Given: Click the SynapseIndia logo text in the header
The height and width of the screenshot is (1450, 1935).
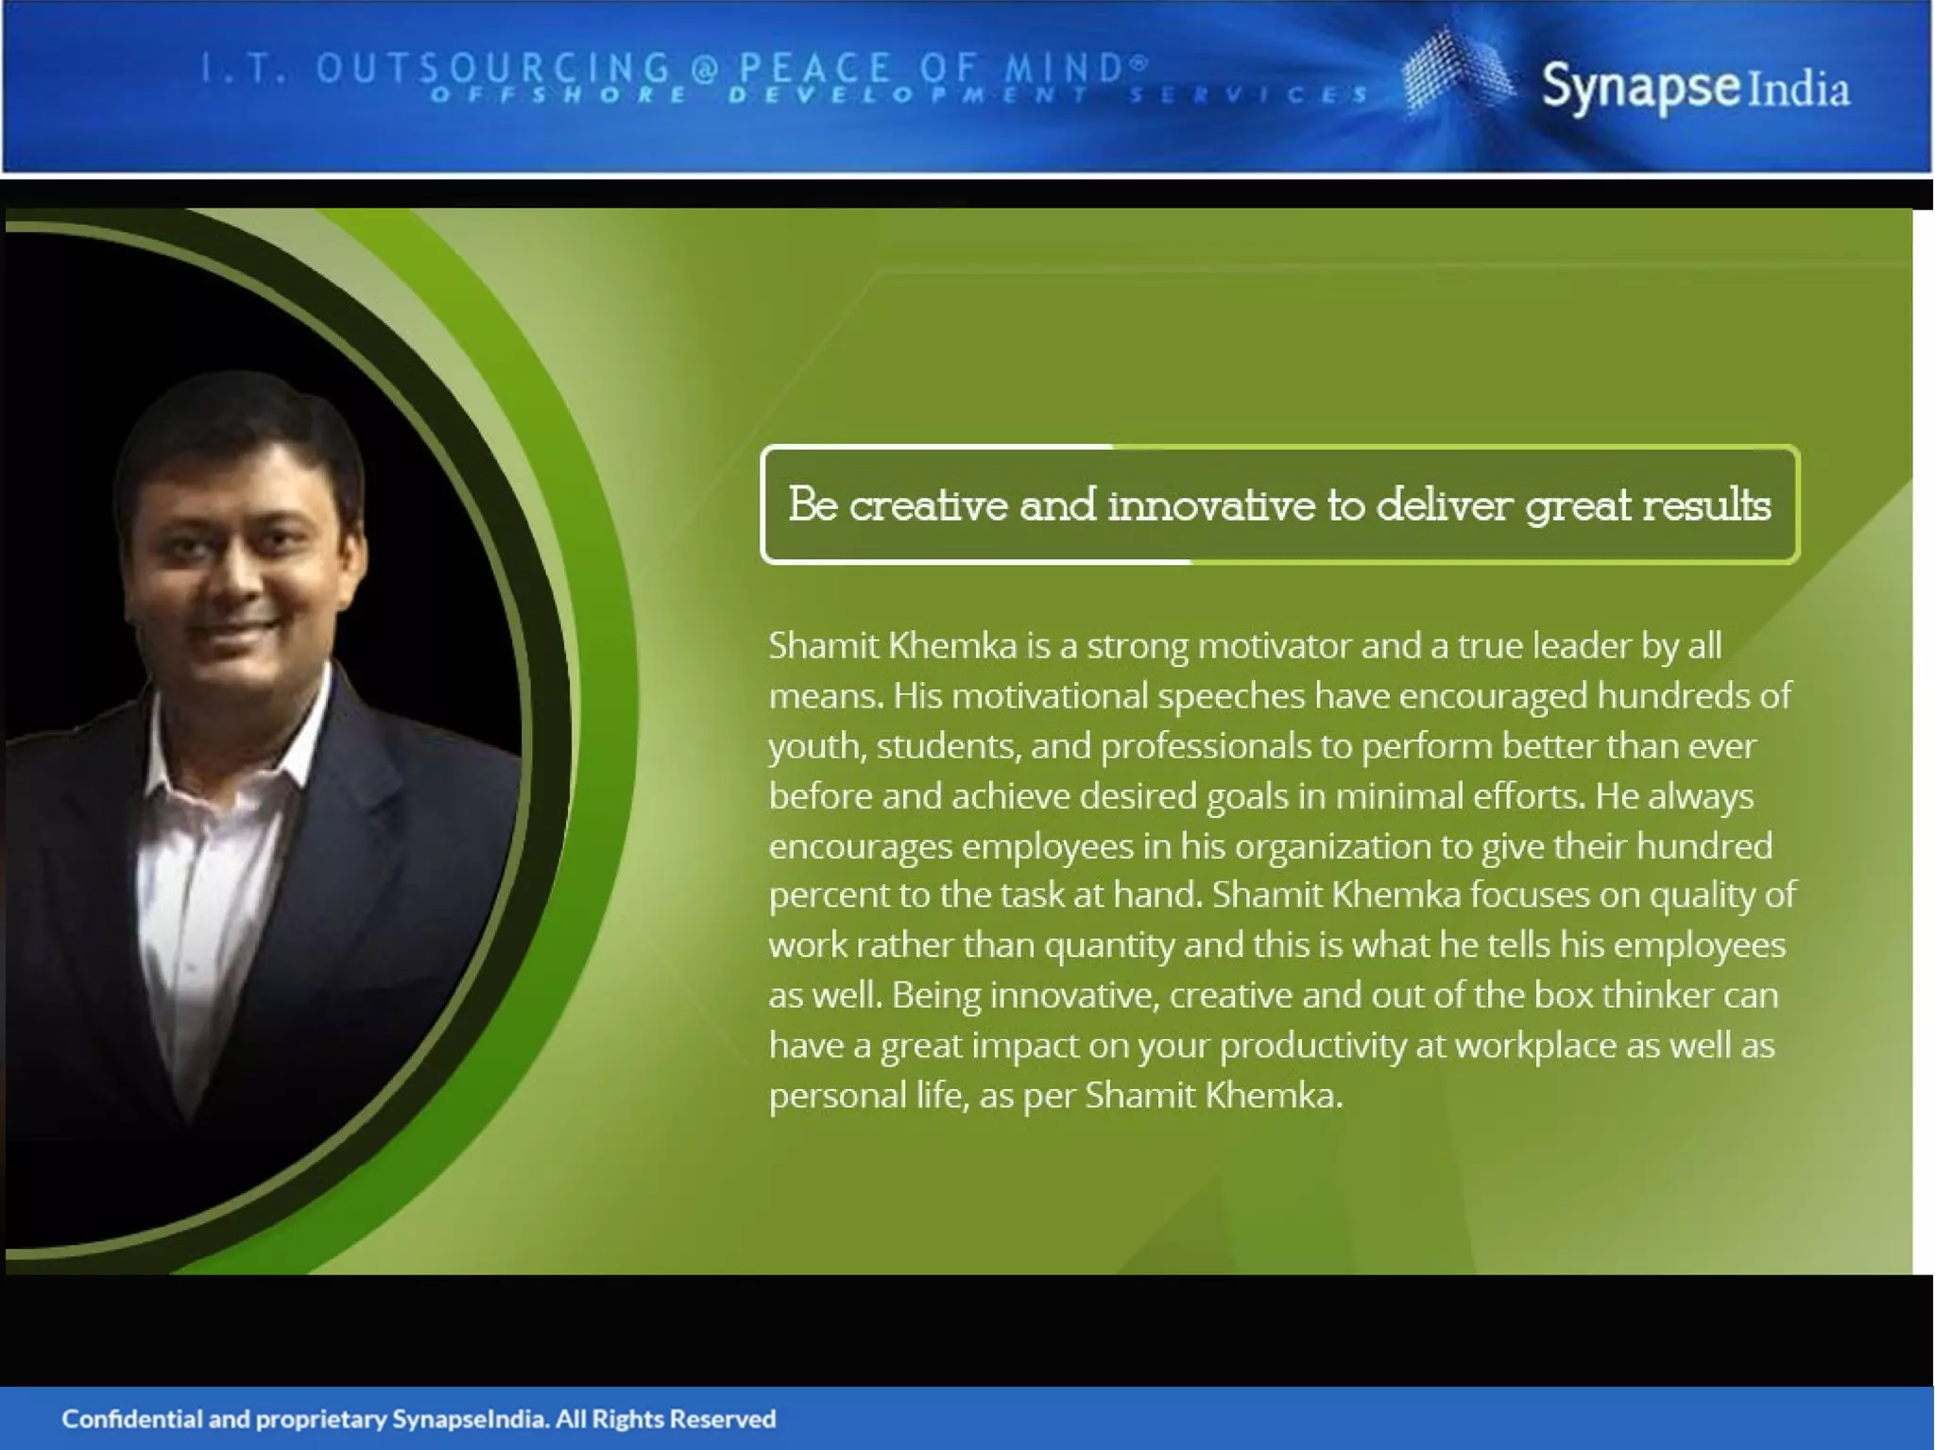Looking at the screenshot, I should (x=1695, y=88).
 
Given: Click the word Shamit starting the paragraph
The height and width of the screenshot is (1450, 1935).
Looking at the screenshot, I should (x=823, y=646).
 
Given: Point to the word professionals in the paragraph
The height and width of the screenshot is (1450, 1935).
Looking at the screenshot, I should (x=1206, y=746).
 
